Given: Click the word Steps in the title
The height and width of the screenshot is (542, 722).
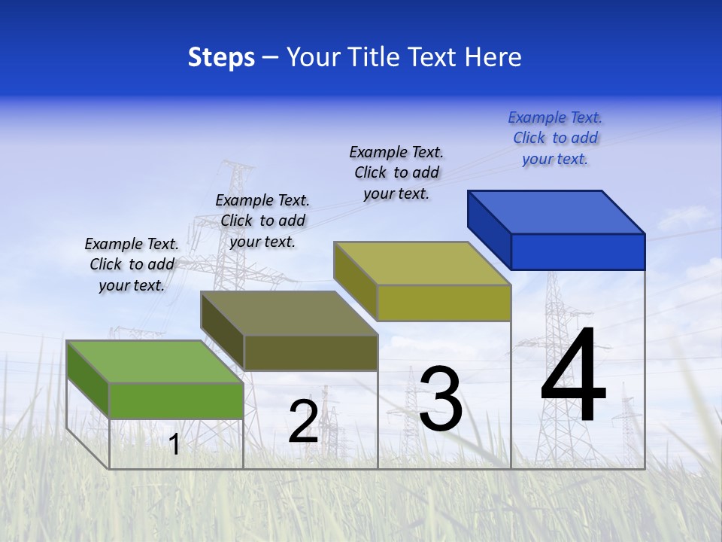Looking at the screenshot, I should point(221,57).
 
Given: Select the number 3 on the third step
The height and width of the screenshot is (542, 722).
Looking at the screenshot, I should point(441,399).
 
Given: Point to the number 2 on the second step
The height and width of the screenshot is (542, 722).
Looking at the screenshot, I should point(303,422).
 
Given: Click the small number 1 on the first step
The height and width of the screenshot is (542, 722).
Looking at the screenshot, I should point(174,445).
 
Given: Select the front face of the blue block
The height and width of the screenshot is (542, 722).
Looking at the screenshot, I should point(578,251).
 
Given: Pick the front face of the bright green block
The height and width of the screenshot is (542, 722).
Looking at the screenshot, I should point(176,400).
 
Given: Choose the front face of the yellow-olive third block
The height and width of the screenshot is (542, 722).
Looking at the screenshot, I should point(444,303).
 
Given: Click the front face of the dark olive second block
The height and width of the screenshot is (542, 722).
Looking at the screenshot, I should point(310,352).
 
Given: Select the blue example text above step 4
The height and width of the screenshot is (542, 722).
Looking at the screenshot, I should point(555,138).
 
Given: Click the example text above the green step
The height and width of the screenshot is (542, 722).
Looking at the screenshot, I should point(132,264).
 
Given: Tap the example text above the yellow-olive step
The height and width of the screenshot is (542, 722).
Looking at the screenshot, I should point(396,172).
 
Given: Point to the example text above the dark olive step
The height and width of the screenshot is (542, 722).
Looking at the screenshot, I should point(262,221).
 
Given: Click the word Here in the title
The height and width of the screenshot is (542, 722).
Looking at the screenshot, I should point(493,57).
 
